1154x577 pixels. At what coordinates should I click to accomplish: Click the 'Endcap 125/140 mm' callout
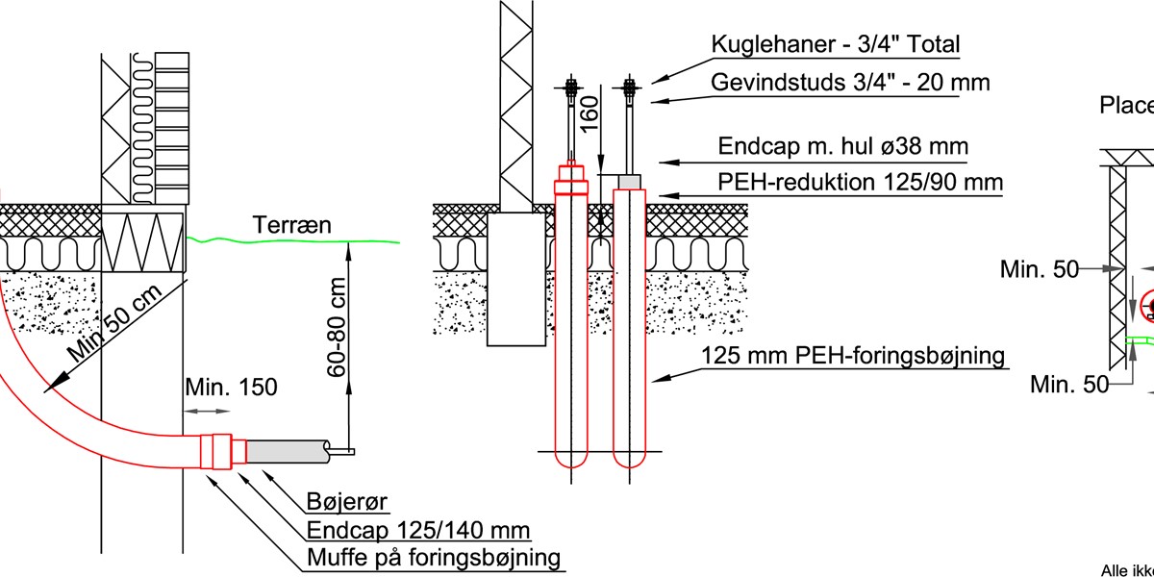coord(419,531)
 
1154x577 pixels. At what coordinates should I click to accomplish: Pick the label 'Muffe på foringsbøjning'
coord(434,558)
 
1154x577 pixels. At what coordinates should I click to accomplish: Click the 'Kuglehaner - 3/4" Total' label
coord(835,44)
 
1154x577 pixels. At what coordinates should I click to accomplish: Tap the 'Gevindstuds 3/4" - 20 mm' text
coord(850,82)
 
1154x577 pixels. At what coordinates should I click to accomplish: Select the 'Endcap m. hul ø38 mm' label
coord(843,147)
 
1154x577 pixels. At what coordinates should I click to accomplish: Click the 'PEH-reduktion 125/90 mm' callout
coord(861,182)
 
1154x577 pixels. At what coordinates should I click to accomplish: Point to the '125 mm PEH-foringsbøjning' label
coord(853,356)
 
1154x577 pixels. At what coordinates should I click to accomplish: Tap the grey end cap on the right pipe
coord(630,181)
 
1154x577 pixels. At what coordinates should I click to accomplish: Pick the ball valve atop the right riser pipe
coord(631,89)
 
